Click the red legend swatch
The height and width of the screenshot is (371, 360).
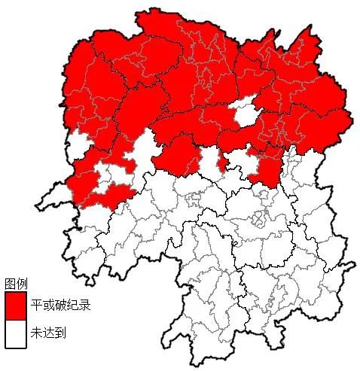point(16,306)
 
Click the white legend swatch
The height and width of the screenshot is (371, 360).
point(16,333)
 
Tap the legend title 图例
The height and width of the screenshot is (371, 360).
point(16,284)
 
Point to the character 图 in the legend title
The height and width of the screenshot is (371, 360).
point(10,284)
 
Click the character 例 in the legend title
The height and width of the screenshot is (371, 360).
point(22,284)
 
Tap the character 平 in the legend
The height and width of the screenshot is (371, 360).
point(36,307)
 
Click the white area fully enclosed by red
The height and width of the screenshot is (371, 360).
point(244,114)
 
